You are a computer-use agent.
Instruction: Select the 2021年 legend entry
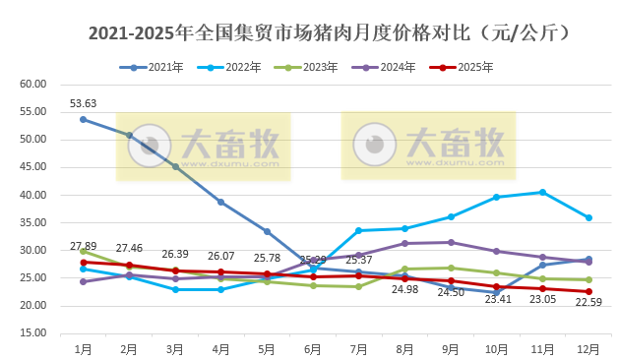tap(165, 67)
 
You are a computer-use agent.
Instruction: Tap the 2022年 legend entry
tap(243, 67)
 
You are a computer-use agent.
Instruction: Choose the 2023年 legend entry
tap(320, 67)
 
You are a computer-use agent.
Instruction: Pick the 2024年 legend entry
tap(397, 67)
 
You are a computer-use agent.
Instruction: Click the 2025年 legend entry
tap(474, 67)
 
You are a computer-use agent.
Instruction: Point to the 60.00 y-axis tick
tap(33, 84)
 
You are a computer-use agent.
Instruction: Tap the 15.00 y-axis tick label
tap(33, 333)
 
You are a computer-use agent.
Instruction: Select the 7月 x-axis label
tap(358, 348)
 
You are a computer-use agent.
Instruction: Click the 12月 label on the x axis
tap(588, 348)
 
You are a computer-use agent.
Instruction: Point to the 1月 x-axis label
tap(83, 348)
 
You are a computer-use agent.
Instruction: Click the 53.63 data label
tap(83, 103)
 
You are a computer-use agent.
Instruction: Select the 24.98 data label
tap(405, 290)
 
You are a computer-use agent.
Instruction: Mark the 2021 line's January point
tap(83, 119)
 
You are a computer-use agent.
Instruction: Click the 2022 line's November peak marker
tap(542, 192)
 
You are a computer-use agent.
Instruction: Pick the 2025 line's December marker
tap(588, 291)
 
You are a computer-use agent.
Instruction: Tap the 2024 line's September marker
tap(451, 242)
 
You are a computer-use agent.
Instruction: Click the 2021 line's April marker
tap(220, 202)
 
